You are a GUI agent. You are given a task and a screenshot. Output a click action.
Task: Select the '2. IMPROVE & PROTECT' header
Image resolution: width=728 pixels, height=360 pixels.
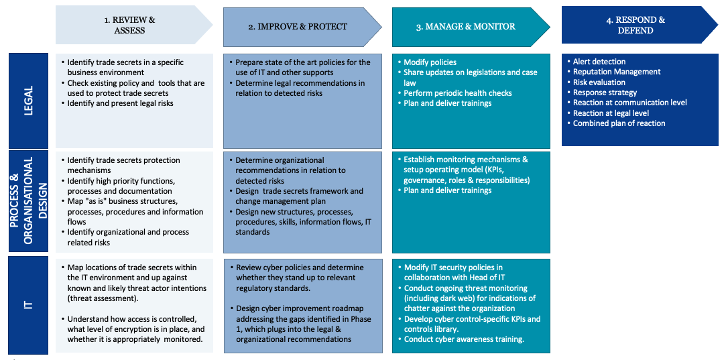(x=298, y=27)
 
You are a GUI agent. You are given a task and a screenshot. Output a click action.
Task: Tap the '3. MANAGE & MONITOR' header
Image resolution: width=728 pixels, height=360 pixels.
(x=466, y=27)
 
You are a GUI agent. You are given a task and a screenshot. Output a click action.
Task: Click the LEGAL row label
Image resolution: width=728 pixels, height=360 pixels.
(x=27, y=101)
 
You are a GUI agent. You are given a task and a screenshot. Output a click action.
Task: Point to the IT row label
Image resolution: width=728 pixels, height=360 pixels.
(x=27, y=305)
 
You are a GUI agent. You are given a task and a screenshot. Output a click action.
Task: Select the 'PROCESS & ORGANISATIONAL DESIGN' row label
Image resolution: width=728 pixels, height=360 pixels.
(x=27, y=202)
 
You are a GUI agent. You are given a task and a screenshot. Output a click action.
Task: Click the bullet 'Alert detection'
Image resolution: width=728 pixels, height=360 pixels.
(x=599, y=62)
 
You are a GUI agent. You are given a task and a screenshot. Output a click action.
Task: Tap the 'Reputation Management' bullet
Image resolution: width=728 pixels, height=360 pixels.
(x=617, y=72)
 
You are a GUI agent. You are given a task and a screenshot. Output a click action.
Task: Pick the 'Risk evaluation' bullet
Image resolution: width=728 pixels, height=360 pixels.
(x=599, y=82)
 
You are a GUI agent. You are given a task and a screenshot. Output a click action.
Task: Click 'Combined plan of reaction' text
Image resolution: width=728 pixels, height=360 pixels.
(x=619, y=123)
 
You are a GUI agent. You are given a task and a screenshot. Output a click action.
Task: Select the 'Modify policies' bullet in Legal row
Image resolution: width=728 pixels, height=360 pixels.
(x=430, y=62)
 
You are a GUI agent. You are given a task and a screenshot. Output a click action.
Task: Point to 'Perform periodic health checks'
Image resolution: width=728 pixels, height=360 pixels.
(x=458, y=93)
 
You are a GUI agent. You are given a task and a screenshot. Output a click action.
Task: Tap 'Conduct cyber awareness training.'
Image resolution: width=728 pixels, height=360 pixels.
(x=463, y=339)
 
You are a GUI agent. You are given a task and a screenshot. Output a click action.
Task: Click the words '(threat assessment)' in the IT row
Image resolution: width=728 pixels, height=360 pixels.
(x=105, y=298)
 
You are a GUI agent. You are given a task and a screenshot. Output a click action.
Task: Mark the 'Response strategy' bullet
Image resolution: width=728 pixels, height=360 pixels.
(x=605, y=93)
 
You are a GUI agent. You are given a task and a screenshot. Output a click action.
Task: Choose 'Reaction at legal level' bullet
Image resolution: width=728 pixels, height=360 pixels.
(x=611, y=113)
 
